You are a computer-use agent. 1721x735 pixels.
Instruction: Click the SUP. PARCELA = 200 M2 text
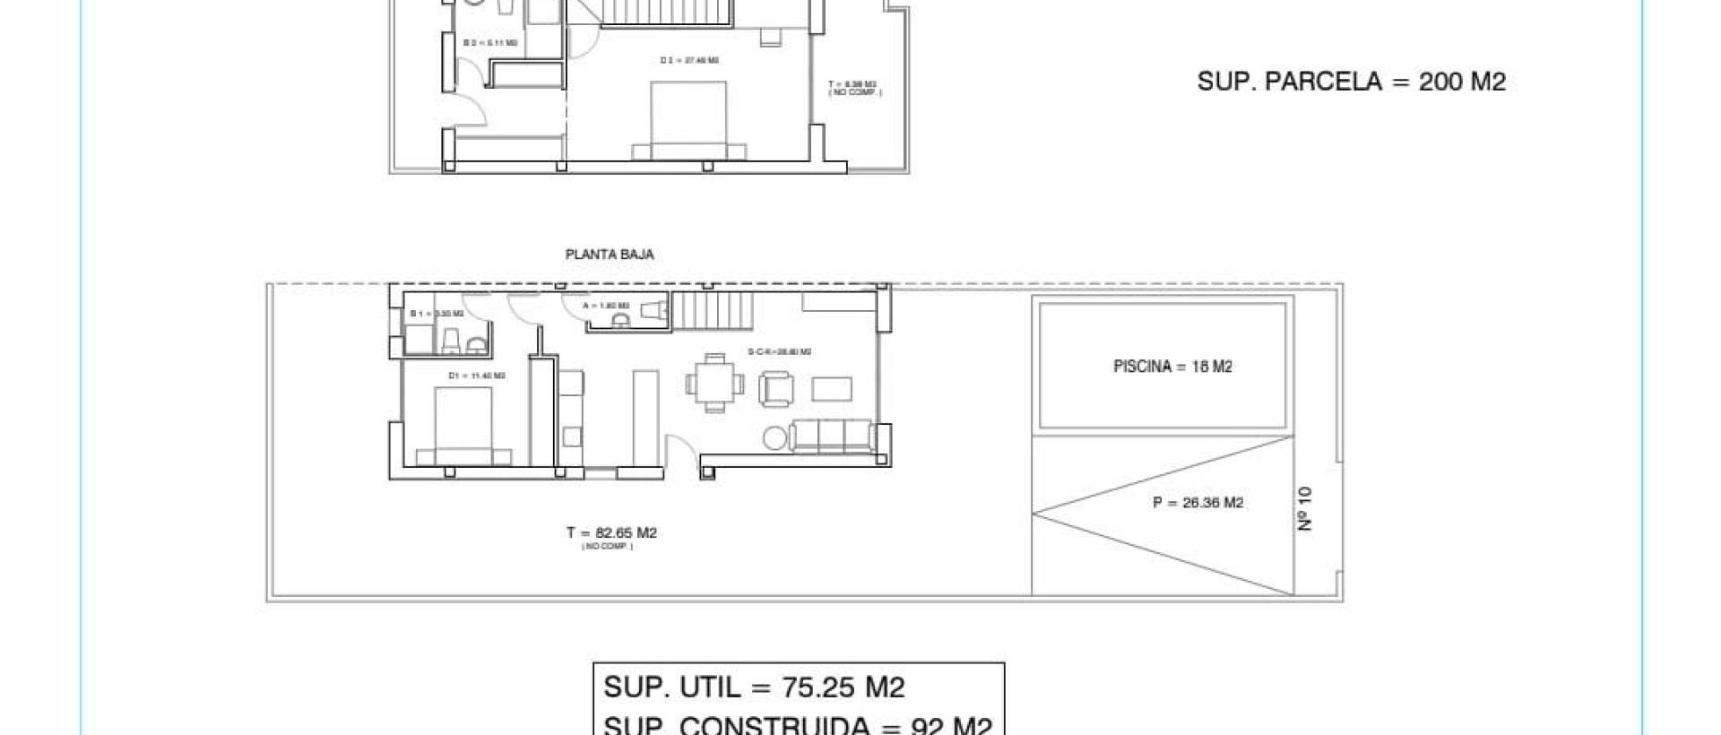pyautogui.click(x=1351, y=82)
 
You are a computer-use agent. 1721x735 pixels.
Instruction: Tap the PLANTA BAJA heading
pyautogui.click(x=610, y=255)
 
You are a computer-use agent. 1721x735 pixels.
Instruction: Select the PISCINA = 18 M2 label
pyautogui.click(x=1172, y=366)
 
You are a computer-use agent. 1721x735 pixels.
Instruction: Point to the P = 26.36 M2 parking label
pyautogui.click(x=1198, y=503)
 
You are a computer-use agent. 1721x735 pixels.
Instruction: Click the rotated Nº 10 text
pyautogui.click(x=1305, y=508)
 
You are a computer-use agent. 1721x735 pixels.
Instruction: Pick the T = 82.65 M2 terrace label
pyautogui.click(x=611, y=533)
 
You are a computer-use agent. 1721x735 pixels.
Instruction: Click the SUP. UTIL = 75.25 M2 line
pyautogui.click(x=754, y=687)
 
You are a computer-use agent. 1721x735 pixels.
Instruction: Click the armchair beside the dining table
pyautogui.click(x=775, y=389)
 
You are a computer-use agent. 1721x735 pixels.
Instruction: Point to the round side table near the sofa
pyautogui.click(x=774, y=438)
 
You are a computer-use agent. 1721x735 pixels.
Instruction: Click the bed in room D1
pyautogui.click(x=463, y=425)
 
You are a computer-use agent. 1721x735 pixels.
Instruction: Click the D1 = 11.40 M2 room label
pyautogui.click(x=476, y=376)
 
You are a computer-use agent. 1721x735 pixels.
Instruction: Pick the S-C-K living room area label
pyautogui.click(x=779, y=352)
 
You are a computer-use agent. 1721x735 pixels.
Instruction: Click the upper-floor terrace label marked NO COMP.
pyautogui.click(x=853, y=88)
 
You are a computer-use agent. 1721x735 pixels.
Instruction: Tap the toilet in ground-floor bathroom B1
pyautogui.click(x=452, y=341)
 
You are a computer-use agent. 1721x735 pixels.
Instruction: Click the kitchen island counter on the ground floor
pyautogui.click(x=645, y=417)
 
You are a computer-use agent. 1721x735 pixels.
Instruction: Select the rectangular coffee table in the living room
pyautogui.click(x=833, y=388)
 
